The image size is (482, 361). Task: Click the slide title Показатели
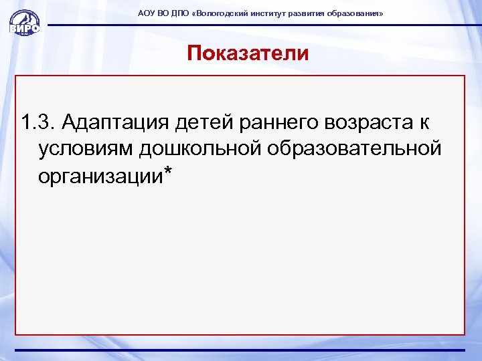248,53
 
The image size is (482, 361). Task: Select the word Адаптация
114,124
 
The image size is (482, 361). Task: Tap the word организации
100,175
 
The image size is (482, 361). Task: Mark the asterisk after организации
167,172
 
